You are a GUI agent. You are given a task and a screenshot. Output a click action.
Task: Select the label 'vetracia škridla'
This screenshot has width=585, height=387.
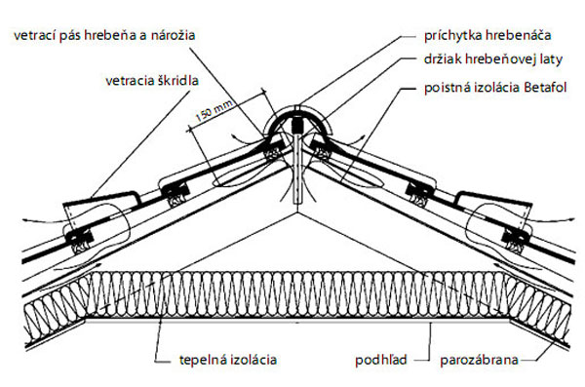point(147,82)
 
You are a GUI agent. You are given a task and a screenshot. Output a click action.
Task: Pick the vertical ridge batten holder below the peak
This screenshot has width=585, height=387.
point(295,175)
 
